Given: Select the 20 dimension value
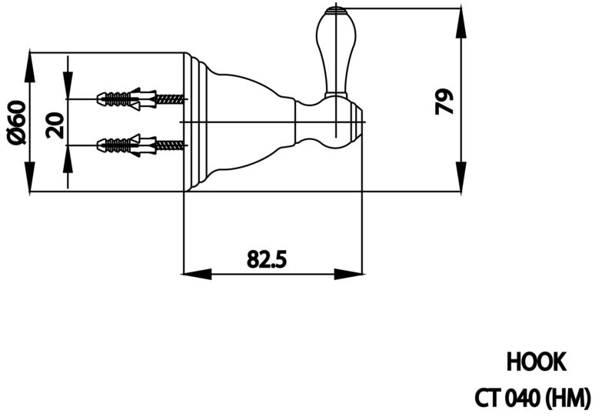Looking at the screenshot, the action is click(55, 125).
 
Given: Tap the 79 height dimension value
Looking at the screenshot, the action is click(444, 102).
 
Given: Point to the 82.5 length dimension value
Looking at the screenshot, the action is click(267, 259).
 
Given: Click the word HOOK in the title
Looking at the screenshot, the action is click(536, 362).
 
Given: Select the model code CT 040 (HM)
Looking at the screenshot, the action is click(532, 399).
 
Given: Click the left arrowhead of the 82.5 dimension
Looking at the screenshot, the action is click(198, 274).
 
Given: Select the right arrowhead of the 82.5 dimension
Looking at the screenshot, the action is click(348, 274).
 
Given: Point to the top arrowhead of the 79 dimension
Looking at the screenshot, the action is click(461, 23).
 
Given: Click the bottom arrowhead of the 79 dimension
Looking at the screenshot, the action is click(461, 177).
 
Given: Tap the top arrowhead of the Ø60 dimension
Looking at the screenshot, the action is click(30, 67).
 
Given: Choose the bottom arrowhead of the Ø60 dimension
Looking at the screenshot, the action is click(30, 177).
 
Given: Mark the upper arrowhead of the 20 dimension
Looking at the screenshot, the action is click(68, 85).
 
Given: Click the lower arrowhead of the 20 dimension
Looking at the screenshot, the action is click(68, 159).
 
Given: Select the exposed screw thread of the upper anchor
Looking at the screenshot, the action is click(170, 99).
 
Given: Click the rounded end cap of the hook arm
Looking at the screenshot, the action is click(357, 122).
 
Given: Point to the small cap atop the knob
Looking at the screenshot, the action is click(336, 10).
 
